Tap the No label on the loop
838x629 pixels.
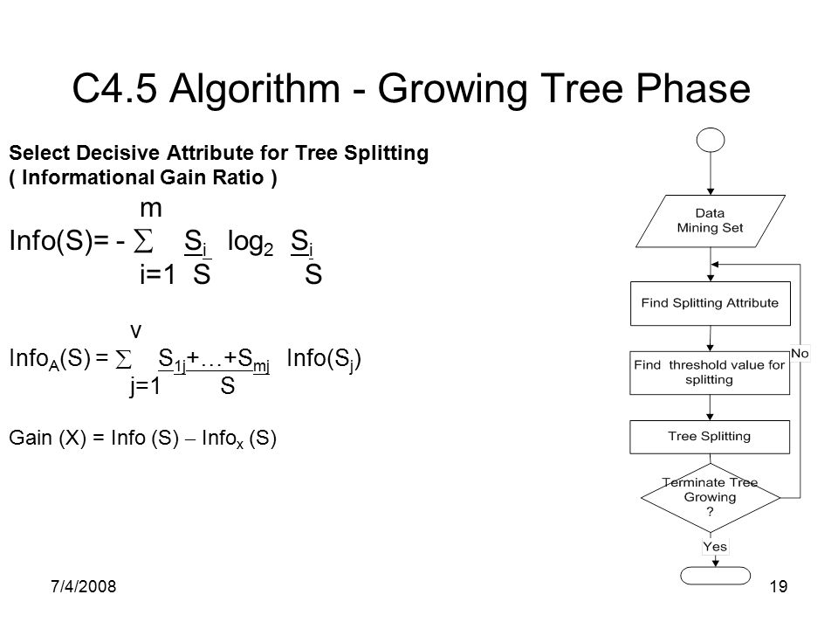800,354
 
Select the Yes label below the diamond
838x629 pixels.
715,547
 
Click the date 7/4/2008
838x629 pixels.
84,587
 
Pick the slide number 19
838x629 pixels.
779,587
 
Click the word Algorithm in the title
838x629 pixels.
254,89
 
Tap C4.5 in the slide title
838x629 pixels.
114,88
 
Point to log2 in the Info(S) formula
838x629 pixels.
251,242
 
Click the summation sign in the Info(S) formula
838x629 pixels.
142,241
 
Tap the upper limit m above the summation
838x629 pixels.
151,209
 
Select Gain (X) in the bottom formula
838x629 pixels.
47,438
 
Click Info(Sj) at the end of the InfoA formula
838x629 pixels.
324,359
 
